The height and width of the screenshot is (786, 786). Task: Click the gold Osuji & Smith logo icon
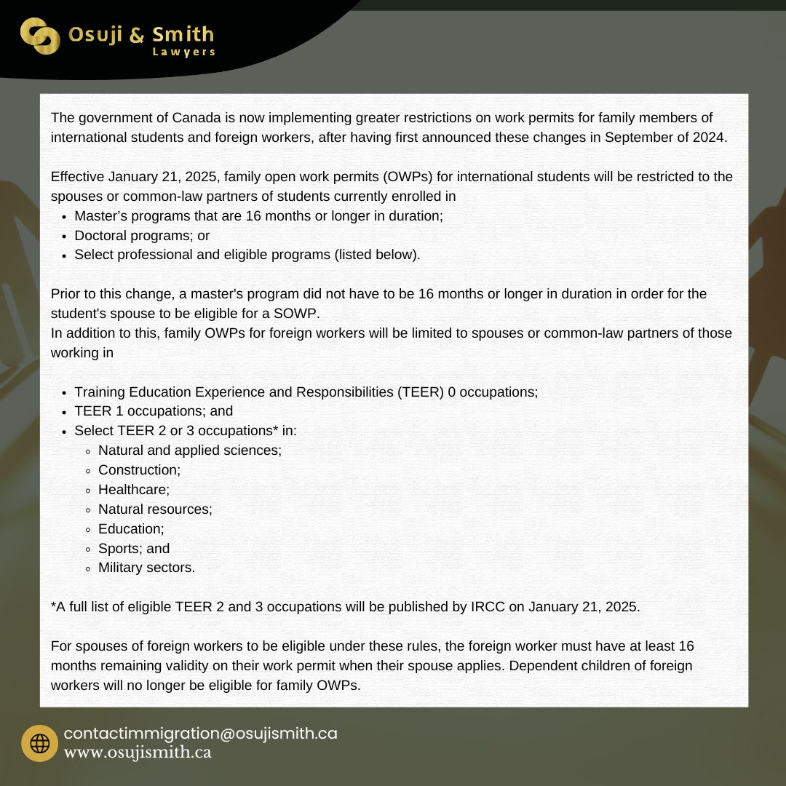point(40,36)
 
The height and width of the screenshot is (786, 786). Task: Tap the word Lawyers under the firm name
point(183,52)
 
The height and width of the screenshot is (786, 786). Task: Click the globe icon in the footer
point(39,743)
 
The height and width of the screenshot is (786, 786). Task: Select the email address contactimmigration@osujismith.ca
point(200,734)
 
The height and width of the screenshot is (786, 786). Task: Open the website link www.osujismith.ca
point(138,753)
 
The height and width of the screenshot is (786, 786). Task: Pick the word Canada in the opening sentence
point(193,117)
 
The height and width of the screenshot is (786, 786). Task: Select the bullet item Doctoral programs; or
point(142,236)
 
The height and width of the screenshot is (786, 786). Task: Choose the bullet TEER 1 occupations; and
point(154,411)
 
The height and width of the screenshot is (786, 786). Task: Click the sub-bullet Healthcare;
point(133,490)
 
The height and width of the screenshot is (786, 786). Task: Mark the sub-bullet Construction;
point(139,470)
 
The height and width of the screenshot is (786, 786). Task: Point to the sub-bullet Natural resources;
point(155,509)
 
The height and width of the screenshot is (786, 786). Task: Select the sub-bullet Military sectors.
point(146,568)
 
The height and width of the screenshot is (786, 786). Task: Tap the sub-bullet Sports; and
point(133,548)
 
